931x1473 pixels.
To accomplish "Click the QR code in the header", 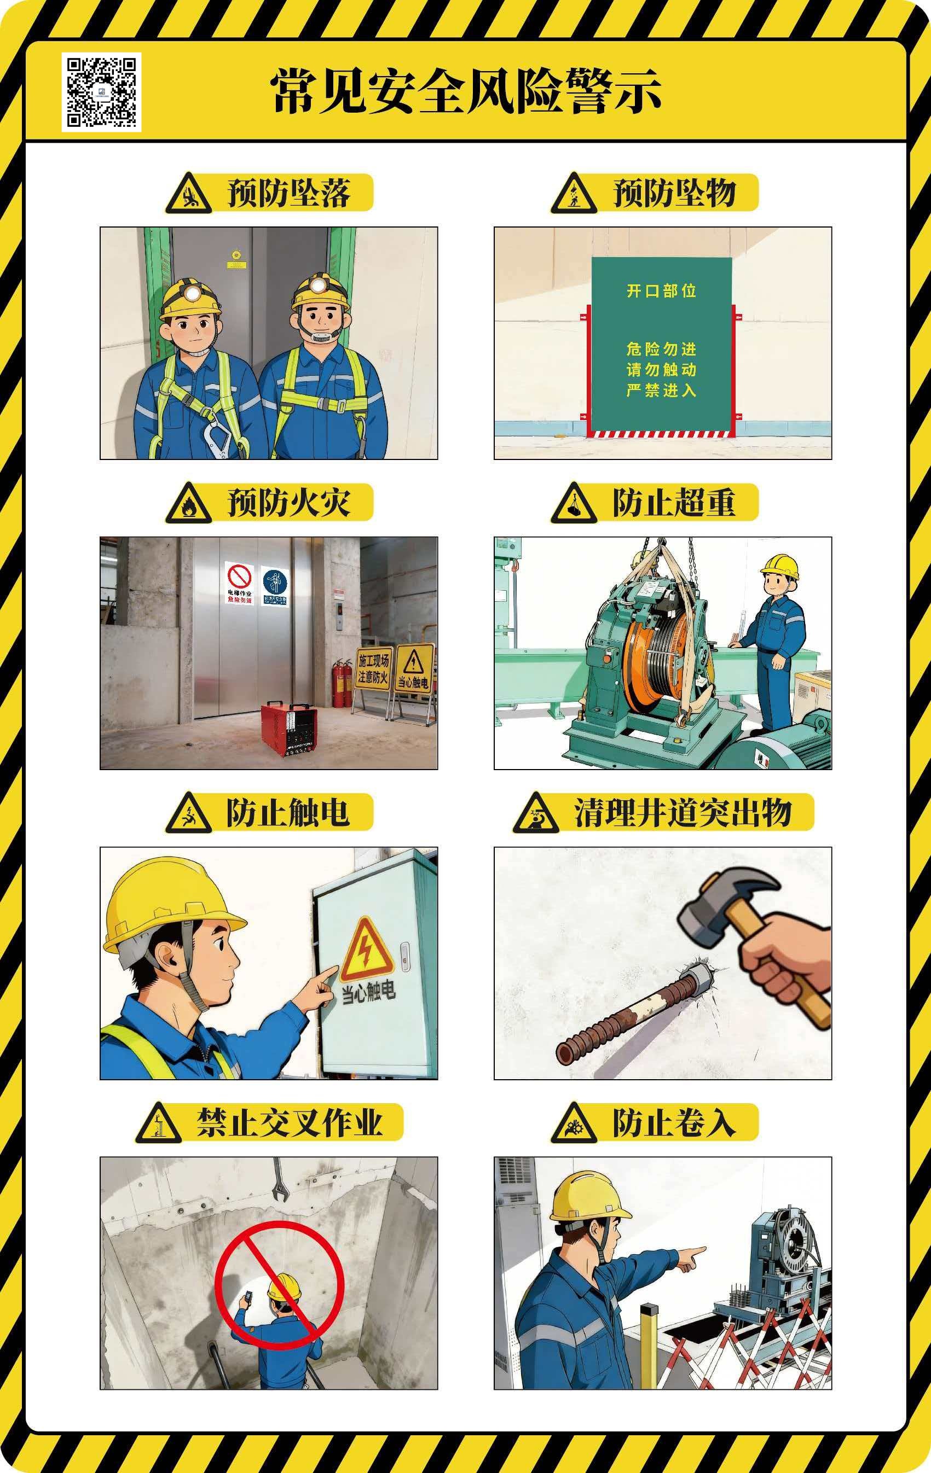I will pyautogui.click(x=101, y=92).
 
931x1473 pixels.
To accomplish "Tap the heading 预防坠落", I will pyautogui.click(x=288, y=193).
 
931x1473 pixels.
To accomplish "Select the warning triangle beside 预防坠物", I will pyautogui.click(x=573, y=195).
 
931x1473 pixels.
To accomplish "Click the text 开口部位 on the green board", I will pyautogui.click(x=661, y=290).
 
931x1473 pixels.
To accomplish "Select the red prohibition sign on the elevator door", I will pyautogui.click(x=239, y=578).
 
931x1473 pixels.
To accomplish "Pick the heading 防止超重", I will pyautogui.click(x=673, y=503).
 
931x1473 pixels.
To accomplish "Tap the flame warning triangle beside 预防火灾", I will pyautogui.click(x=188, y=505).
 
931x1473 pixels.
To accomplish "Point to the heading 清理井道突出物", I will pyautogui.click(x=683, y=812).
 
